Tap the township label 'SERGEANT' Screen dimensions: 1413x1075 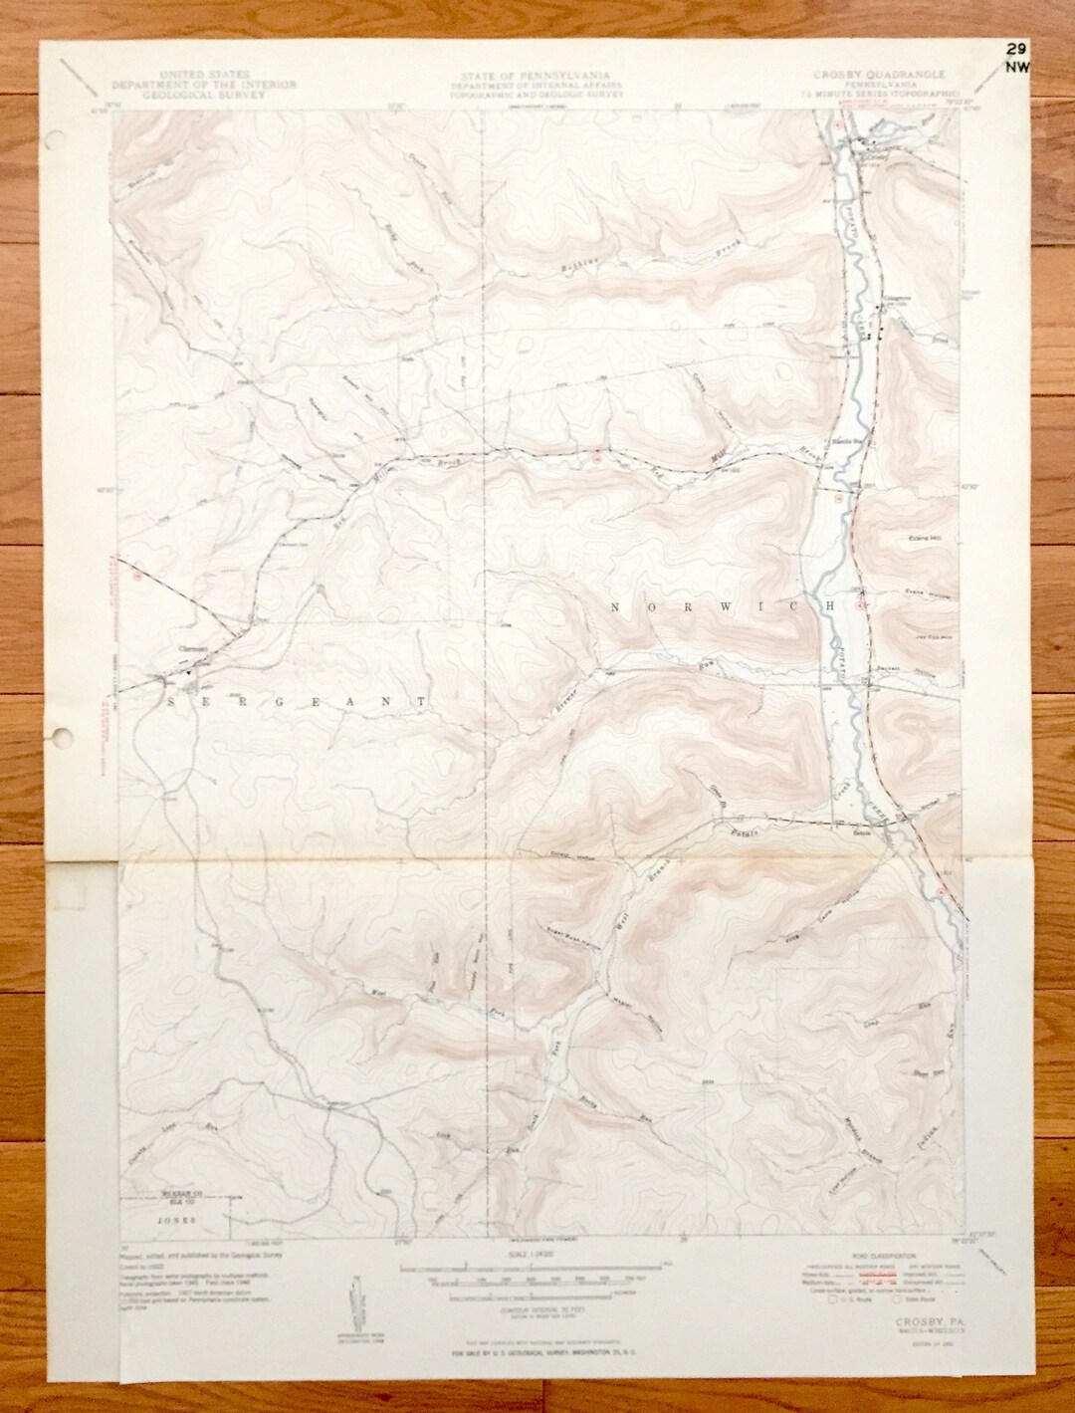pyautogui.click(x=297, y=701)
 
